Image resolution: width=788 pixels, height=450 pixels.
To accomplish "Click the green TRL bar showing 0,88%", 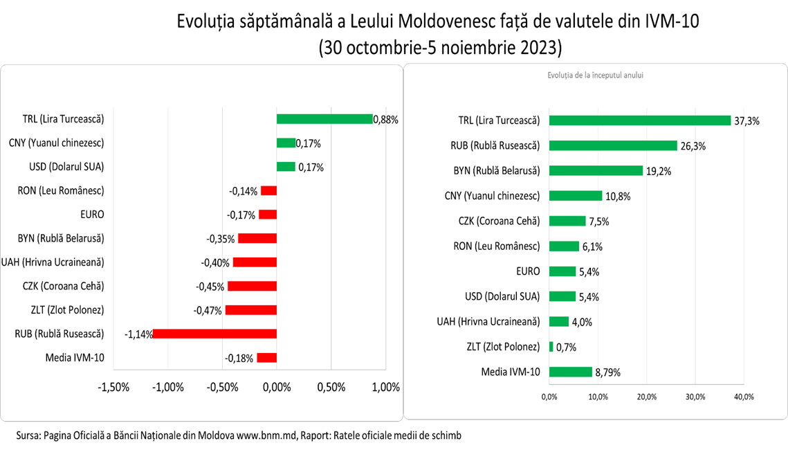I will pyautogui.click(x=324, y=119).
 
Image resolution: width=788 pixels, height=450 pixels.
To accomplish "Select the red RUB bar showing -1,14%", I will pyautogui.click(x=214, y=334).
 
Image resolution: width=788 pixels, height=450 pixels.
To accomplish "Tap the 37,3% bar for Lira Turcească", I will pyautogui.click(x=640, y=120).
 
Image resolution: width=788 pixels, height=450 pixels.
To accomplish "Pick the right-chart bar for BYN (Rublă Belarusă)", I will pyautogui.click(x=596, y=170).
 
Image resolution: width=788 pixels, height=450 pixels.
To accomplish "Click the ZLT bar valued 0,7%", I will pyautogui.click(x=551, y=347).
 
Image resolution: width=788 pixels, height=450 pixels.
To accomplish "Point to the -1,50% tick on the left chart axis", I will pyautogui.click(x=114, y=387).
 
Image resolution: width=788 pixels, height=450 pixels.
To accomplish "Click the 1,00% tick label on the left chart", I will pyautogui.click(x=385, y=387).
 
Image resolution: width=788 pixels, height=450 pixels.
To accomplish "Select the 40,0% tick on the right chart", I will pyautogui.click(x=743, y=397).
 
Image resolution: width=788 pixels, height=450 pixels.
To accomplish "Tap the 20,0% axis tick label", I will pyautogui.click(x=646, y=397).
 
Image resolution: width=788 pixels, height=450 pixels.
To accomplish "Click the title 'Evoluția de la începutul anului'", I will pyautogui.click(x=595, y=75).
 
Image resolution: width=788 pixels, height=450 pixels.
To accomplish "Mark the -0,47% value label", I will pyautogui.click(x=208, y=310).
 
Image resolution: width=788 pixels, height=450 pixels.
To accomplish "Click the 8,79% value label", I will pyautogui.click(x=607, y=372).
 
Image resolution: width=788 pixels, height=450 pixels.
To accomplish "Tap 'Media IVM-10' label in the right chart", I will pyautogui.click(x=511, y=372).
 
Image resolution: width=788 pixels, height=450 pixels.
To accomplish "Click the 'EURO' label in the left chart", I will pyautogui.click(x=91, y=215).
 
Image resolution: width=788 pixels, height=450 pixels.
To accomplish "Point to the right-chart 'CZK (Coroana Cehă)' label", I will pyautogui.click(x=500, y=221).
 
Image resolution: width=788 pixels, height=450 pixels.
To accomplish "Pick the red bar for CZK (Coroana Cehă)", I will pyautogui.click(x=252, y=286).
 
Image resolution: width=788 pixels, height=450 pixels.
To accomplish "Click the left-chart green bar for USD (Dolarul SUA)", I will pyautogui.click(x=286, y=167).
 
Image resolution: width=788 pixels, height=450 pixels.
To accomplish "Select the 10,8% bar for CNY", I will pyautogui.click(x=576, y=196).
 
